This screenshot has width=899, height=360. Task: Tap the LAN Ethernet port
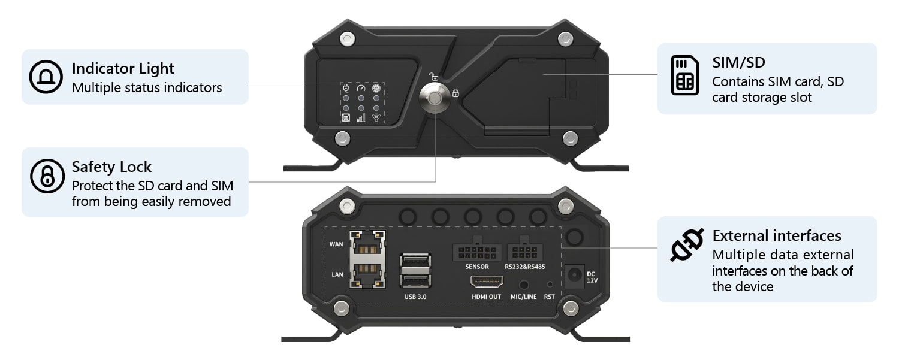tap(367, 274)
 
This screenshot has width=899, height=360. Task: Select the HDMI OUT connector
tap(487, 282)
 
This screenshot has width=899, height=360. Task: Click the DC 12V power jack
tap(574, 276)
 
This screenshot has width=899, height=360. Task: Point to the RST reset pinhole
tap(550, 285)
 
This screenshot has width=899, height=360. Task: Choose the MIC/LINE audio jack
tap(523, 285)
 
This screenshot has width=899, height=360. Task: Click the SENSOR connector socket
tap(477, 250)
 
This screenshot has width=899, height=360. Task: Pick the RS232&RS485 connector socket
tap(525, 250)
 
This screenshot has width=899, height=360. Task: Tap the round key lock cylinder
tap(435, 98)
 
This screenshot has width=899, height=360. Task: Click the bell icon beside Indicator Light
tap(46, 77)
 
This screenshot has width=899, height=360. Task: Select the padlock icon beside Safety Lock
tap(47, 176)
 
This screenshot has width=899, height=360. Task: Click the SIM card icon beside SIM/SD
tap(684, 75)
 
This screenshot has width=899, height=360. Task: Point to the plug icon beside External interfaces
tap(687, 245)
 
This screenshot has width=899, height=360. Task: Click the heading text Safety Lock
tap(111, 167)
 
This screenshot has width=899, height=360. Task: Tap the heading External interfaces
tap(777, 235)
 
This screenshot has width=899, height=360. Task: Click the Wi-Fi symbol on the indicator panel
tap(376, 117)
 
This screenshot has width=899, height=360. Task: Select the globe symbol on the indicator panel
tap(376, 88)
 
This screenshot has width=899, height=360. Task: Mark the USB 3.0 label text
tap(415, 297)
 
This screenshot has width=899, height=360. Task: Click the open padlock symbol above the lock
tap(433, 77)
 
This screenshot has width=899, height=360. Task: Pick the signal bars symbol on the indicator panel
tap(361, 117)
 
